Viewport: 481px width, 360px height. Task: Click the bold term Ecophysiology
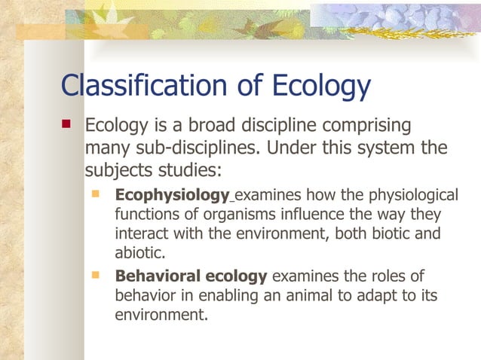[172, 196]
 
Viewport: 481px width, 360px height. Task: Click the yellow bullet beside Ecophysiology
[95, 194]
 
